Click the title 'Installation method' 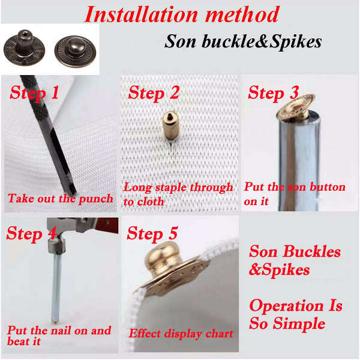point(181,14)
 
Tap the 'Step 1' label point(34,93)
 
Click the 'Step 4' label point(32,233)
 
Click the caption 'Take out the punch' point(60,199)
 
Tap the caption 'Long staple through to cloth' point(178,194)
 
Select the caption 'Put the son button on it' point(294,194)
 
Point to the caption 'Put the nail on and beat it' point(59,335)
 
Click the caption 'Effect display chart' point(181,333)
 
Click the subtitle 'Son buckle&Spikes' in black point(243,41)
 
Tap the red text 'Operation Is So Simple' point(295,314)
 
